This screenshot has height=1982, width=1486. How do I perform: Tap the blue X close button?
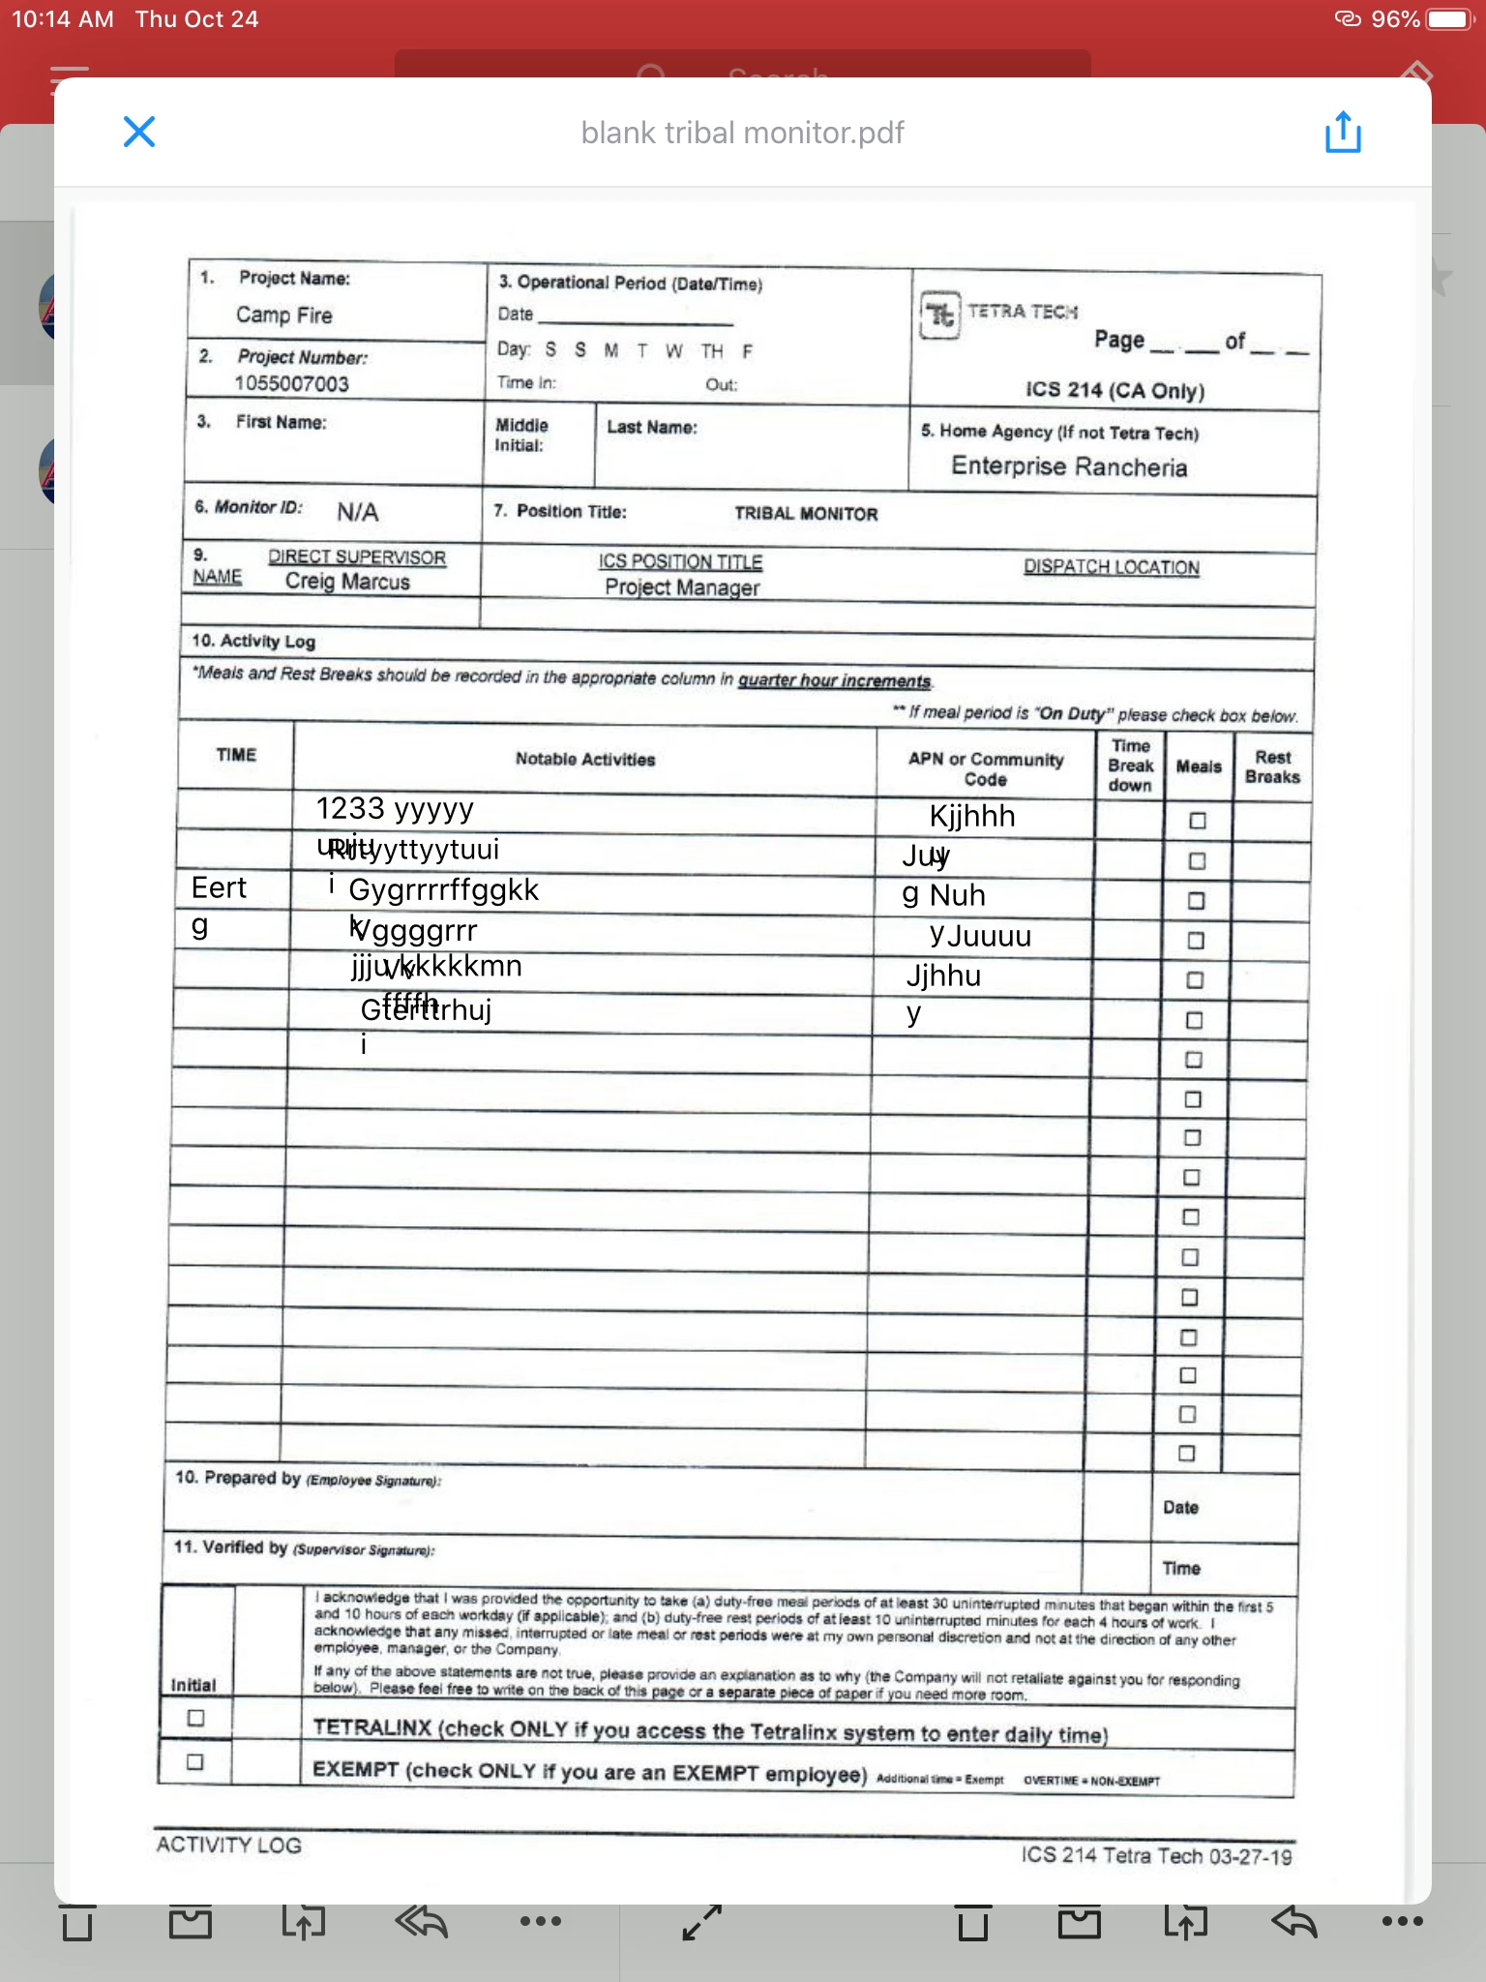(139, 132)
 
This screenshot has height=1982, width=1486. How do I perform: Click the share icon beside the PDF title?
(1343, 132)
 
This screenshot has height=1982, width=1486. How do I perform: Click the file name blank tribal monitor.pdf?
(742, 133)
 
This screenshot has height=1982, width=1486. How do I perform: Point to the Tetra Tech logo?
(940, 315)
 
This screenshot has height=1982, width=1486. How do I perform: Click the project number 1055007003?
(291, 383)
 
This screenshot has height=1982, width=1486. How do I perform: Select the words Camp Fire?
(284, 315)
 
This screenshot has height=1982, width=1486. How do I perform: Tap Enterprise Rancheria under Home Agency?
(1069, 466)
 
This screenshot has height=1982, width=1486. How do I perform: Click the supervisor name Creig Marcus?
(347, 582)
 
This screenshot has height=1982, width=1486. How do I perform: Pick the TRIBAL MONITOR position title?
(806, 514)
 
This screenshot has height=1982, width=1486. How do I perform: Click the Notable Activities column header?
(585, 760)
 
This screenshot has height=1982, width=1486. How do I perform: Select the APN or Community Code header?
(986, 769)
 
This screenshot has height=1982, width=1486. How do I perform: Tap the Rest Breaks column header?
(1272, 767)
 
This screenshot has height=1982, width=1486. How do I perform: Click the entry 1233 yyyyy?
(395, 808)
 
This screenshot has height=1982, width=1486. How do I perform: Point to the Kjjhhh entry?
(972, 816)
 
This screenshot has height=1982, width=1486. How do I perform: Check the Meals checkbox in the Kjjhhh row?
(1198, 821)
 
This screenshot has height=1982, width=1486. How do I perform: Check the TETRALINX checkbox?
(196, 1718)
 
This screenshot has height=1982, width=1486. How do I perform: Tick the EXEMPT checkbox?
(195, 1761)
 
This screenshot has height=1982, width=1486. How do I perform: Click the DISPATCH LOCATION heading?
(1112, 567)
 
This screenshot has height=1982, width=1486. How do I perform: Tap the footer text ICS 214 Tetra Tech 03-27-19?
(1156, 1855)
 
